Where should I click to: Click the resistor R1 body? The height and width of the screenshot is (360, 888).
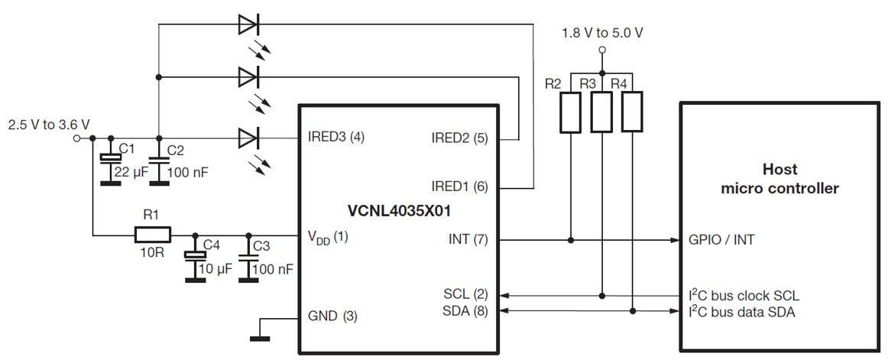tap(153, 235)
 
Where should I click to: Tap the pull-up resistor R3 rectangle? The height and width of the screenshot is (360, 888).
tap(602, 112)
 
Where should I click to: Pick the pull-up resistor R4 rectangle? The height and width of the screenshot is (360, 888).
tap(633, 112)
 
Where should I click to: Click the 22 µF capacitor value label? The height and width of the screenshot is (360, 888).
tap(130, 173)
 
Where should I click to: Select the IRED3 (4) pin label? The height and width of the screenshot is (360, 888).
tap(336, 138)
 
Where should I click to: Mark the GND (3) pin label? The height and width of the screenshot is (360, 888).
tap(332, 316)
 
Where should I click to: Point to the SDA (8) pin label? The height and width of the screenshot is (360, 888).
tap(465, 310)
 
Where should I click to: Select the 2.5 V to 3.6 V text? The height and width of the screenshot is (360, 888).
tap(47, 124)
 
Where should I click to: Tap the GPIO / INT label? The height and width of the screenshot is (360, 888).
tap(721, 240)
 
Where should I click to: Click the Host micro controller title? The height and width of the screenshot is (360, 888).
tap(779, 179)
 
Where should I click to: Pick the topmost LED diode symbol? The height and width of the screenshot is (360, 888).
tap(248, 24)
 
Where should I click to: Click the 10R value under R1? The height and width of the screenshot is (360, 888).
tap(153, 253)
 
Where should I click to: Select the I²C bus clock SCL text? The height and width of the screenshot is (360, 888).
tap(744, 295)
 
